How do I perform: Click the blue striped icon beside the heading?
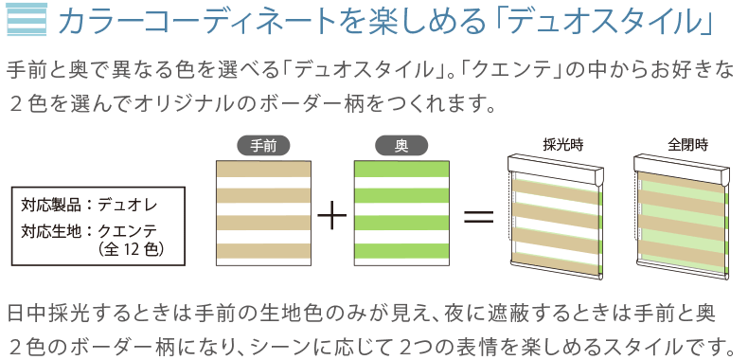point(22,20)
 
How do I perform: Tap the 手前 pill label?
point(262,145)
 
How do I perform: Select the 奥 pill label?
point(401,145)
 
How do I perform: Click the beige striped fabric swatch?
point(262,210)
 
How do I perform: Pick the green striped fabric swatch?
point(401,210)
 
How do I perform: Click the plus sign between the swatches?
point(331,216)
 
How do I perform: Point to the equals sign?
point(478,216)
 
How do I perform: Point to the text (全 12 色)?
point(132,249)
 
